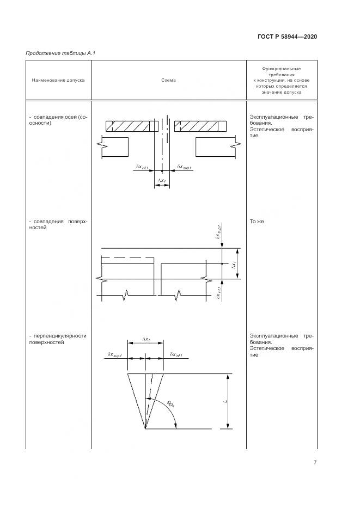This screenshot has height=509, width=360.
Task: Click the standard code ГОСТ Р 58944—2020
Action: [286, 36]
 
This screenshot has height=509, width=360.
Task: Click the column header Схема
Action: [169, 80]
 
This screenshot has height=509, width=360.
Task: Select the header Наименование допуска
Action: [58, 80]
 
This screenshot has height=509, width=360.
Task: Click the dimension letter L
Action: [223, 401]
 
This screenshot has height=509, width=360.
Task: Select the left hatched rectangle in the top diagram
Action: [132, 126]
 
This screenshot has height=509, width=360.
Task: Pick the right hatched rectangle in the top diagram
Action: [199, 126]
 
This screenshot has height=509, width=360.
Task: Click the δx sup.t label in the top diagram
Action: [185, 168]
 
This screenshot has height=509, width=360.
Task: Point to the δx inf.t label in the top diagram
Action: [141, 168]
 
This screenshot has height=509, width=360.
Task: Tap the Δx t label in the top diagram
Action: [162, 179]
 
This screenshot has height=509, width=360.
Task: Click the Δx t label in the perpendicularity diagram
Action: [146, 340]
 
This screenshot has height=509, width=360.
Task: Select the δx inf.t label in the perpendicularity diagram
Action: [175, 355]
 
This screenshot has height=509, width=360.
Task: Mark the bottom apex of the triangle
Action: [145, 429]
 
